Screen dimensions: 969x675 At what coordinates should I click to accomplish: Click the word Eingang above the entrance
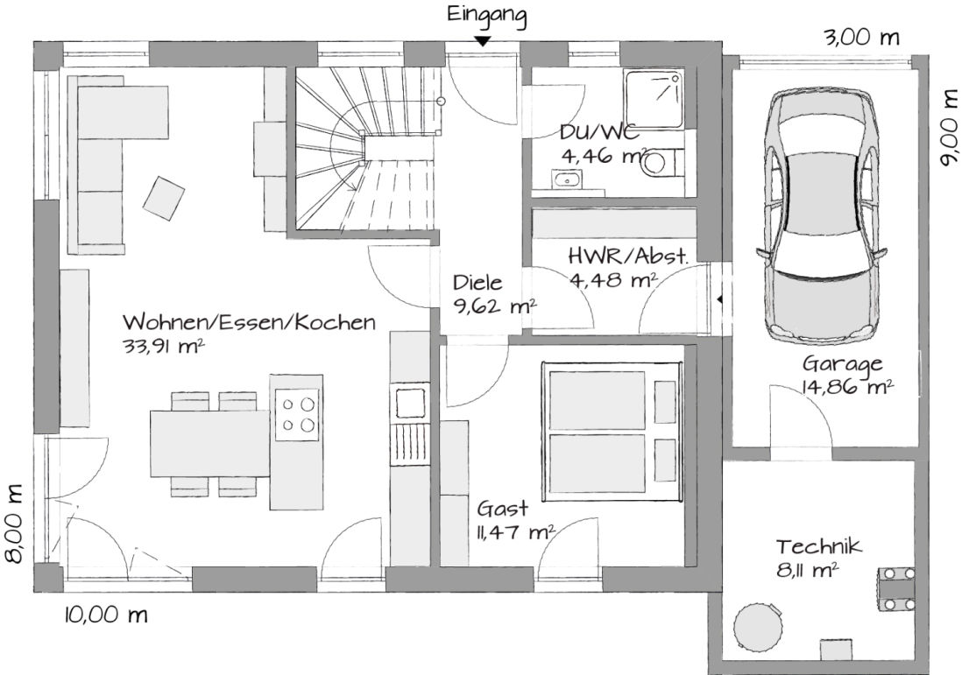[486, 16]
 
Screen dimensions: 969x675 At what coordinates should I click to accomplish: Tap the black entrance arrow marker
[483, 41]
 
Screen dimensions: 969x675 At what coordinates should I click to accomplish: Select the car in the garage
[821, 216]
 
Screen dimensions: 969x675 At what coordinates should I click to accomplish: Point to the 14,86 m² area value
[846, 387]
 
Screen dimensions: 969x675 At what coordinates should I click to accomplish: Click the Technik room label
[818, 546]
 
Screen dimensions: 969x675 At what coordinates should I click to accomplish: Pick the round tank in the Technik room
[758, 625]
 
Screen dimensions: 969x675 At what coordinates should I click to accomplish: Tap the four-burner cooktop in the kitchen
[297, 414]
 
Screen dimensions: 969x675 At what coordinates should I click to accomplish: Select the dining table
[210, 444]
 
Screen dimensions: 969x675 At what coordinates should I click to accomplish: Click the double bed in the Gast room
[612, 432]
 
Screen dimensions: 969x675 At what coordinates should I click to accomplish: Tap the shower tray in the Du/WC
[654, 100]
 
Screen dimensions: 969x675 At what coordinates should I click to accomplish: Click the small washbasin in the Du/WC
[568, 179]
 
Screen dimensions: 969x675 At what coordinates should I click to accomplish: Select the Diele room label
[477, 283]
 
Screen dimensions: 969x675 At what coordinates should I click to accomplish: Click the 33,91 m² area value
[164, 347]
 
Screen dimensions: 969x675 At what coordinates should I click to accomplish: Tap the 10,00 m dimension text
[106, 615]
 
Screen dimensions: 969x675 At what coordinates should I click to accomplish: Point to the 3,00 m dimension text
[862, 38]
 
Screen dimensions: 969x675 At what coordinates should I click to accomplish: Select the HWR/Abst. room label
[627, 256]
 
